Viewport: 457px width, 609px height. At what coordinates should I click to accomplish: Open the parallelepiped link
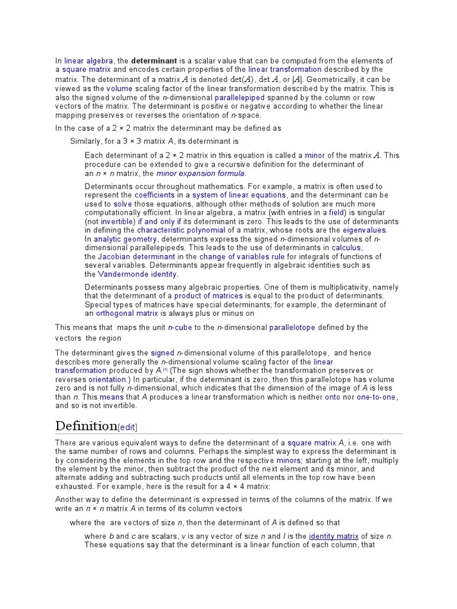tap(240, 97)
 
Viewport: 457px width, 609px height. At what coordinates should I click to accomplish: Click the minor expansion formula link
tap(201, 174)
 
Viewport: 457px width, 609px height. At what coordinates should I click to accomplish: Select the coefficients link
tap(155, 195)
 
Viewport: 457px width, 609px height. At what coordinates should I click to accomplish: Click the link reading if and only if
tap(159, 221)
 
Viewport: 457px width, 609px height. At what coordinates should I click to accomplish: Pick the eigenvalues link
tap(365, 230)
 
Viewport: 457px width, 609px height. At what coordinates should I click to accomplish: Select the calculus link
tap(346, 248)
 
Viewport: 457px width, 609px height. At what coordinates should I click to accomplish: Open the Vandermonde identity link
tap(137, 274)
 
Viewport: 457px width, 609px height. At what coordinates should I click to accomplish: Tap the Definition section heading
tap(86, 426)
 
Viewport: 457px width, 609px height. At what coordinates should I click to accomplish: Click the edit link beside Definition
tap(130, 427)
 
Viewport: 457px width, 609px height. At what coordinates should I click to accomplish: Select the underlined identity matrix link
tap(333, 536)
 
